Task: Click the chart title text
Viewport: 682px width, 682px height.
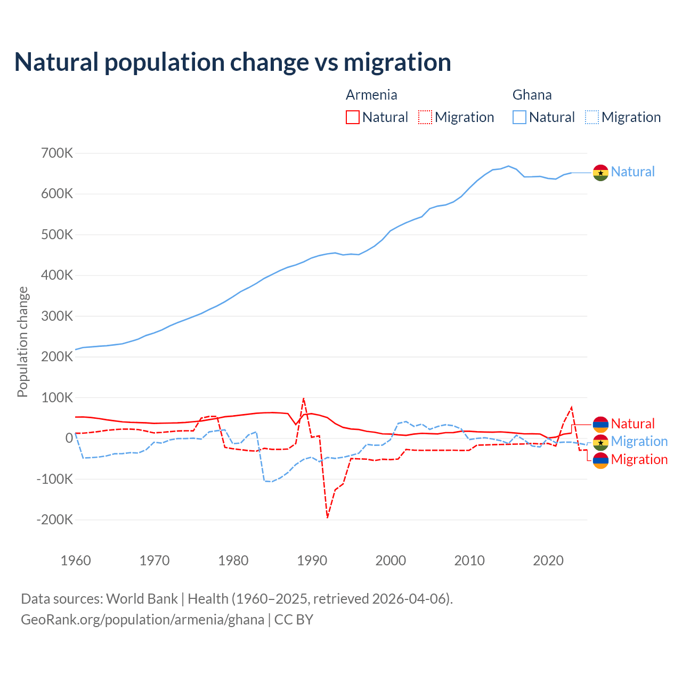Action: [x=232, y=62]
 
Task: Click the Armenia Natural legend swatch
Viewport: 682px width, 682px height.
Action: [x=352, y=117]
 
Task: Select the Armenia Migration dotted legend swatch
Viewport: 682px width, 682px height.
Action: [x=425, y=117]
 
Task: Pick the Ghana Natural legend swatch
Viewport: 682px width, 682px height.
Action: [x=519, y=117]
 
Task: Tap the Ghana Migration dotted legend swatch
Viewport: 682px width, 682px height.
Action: [x=591, y=117]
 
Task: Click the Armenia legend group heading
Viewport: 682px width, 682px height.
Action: [x=371, y=95]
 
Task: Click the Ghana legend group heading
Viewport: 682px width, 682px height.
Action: [x=532, y=95]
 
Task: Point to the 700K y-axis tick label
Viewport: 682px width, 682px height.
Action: [x=56, y=153]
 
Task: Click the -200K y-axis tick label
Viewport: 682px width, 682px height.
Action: [x=54, y=519]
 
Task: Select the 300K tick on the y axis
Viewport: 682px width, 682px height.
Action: [x=56, y=316]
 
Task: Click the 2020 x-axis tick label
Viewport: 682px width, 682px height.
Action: [x=548, y=561]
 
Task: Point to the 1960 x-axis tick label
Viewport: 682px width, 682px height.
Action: [x=76, y=561]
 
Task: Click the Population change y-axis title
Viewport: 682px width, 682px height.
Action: [x=22, y=342]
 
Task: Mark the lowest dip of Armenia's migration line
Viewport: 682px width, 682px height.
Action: [x=327, y=517]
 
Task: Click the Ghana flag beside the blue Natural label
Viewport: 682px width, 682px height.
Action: [x=600, y=173]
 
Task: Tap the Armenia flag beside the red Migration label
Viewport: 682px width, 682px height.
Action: [x=600, y=460]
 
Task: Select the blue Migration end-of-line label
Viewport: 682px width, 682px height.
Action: [x=639, y=441]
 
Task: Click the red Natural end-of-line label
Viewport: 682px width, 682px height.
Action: [x=632, y=424]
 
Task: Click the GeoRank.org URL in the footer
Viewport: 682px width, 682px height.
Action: [x=142, y=620]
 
